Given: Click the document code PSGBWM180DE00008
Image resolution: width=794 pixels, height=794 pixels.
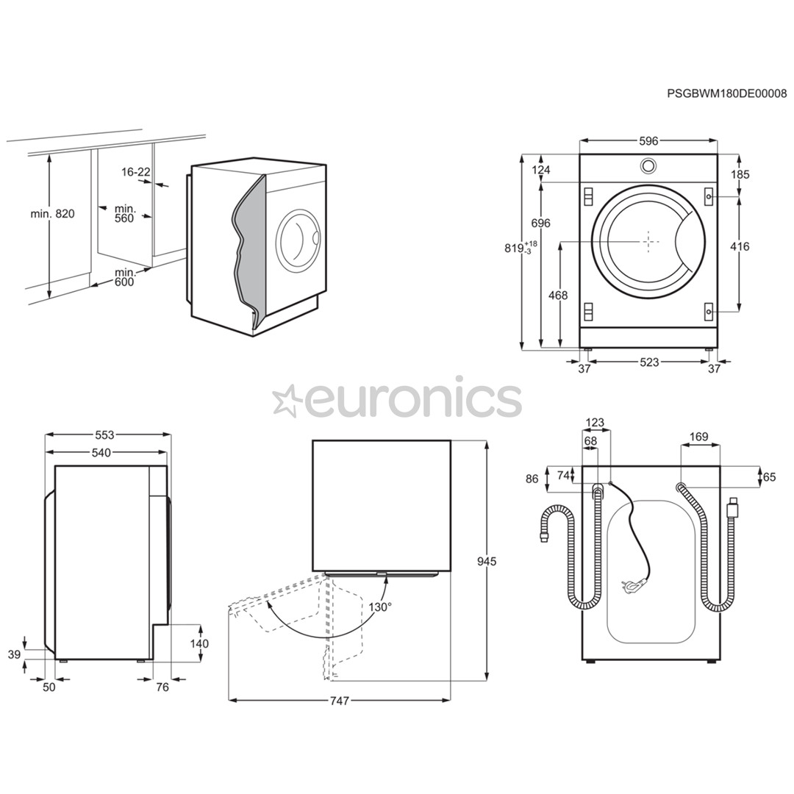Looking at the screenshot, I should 726,93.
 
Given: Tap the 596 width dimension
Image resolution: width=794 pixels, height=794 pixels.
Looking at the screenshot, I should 648,140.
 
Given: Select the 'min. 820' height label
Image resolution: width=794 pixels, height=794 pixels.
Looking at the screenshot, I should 52,214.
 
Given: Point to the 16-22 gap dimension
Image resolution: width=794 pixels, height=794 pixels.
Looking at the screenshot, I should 136,172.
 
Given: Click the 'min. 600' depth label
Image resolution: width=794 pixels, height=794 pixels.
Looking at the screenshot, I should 124,277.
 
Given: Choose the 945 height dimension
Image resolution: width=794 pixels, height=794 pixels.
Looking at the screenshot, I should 486,562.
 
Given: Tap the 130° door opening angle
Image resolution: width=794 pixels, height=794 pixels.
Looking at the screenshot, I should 380,607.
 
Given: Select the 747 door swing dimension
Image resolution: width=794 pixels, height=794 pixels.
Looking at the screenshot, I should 339,701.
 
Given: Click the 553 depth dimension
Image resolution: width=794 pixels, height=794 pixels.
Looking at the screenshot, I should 105,435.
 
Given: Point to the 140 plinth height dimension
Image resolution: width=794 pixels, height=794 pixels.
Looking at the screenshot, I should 198,643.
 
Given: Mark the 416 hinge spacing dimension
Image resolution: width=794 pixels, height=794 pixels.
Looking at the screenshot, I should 740,246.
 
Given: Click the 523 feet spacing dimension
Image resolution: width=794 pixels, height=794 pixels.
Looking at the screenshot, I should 649,362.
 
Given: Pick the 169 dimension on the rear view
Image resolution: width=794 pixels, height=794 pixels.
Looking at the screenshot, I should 699,437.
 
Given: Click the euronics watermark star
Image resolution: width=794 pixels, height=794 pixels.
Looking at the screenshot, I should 287,401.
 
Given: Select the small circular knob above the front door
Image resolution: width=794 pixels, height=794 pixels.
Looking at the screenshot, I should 648,165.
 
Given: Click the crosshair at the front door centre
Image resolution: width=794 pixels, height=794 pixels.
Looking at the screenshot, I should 648,240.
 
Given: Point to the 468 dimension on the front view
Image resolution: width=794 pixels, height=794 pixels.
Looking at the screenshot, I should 558,296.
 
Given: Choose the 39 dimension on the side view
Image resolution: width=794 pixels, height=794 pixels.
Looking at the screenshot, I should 14,654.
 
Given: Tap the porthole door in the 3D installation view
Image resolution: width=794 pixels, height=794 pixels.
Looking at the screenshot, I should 298,238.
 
